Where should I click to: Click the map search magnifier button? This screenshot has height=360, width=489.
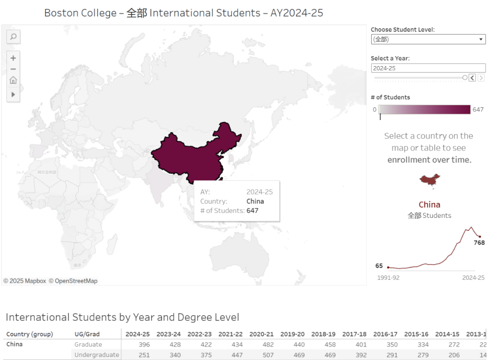pos(14,37)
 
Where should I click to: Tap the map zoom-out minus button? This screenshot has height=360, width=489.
pos(14,69)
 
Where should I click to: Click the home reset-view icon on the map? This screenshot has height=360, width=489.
pos(14,80)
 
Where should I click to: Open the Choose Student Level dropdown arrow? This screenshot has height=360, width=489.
pos(481,39)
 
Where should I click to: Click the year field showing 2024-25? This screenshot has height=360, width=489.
pos(428,68)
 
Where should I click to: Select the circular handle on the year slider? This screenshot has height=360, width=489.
pos(465,78)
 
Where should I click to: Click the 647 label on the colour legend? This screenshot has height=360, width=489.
pos(478,110)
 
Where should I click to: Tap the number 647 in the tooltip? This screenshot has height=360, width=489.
pos(252,211)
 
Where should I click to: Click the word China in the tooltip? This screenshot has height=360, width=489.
pos(255,202)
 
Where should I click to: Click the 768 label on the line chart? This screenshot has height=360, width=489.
pos(479,243)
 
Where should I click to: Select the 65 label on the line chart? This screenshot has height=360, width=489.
pos(379,266)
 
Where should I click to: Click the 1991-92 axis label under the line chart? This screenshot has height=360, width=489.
pos(388,278)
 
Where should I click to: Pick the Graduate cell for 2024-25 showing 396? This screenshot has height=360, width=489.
pos(144,345)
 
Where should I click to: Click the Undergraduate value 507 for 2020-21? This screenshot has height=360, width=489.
pos(268,355)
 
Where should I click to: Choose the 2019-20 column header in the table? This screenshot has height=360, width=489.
pos(292,334)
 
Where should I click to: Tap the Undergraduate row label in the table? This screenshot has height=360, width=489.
pos(96,355)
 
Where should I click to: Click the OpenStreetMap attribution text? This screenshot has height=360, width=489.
pos(73,281)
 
